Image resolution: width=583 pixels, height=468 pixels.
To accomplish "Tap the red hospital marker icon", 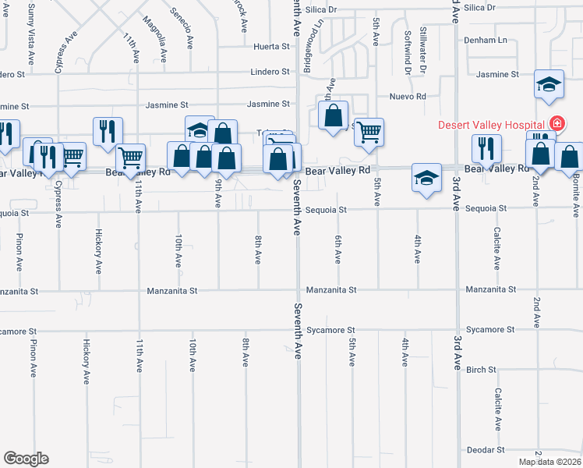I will pos(557,123).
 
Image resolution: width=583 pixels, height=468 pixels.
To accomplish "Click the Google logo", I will pos(26,459).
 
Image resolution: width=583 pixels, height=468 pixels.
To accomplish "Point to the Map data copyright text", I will pos(550,462).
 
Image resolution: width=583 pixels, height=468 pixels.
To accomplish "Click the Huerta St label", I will pos(271,47).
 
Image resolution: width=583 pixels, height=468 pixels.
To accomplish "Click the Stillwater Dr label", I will pos(423,50).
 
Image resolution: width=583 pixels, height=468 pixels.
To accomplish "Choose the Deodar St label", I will pos(486,450).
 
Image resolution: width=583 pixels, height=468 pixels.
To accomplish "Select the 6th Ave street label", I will pos(338,250).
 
